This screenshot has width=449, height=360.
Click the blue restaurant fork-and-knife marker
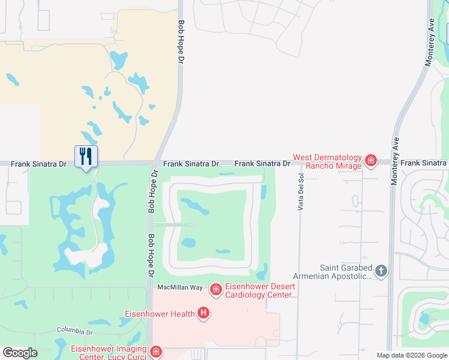coord(86,157)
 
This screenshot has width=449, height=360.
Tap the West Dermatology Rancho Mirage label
coord(328,162)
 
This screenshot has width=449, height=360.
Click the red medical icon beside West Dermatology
coord(371,160)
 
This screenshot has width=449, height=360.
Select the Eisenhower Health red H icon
coord(203,313)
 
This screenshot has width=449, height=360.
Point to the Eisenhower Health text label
coord(160,314)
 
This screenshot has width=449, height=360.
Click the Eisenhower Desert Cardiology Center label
coord(261,291)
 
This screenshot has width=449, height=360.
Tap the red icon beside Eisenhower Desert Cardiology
coord(215,290)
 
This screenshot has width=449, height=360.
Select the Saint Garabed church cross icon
coord(381,271)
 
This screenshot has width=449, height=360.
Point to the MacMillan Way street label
coord(180,287)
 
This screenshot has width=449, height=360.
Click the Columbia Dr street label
coord(75,331)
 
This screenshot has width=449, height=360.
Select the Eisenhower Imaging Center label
coord(109,353)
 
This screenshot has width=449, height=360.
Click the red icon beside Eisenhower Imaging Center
coord(155,352)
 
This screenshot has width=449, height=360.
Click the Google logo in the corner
coord(20,353)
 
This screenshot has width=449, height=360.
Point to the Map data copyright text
coord(412,355)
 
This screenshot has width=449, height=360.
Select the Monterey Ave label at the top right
coord(429,46)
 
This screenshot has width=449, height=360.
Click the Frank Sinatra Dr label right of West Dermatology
coord(424,163)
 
